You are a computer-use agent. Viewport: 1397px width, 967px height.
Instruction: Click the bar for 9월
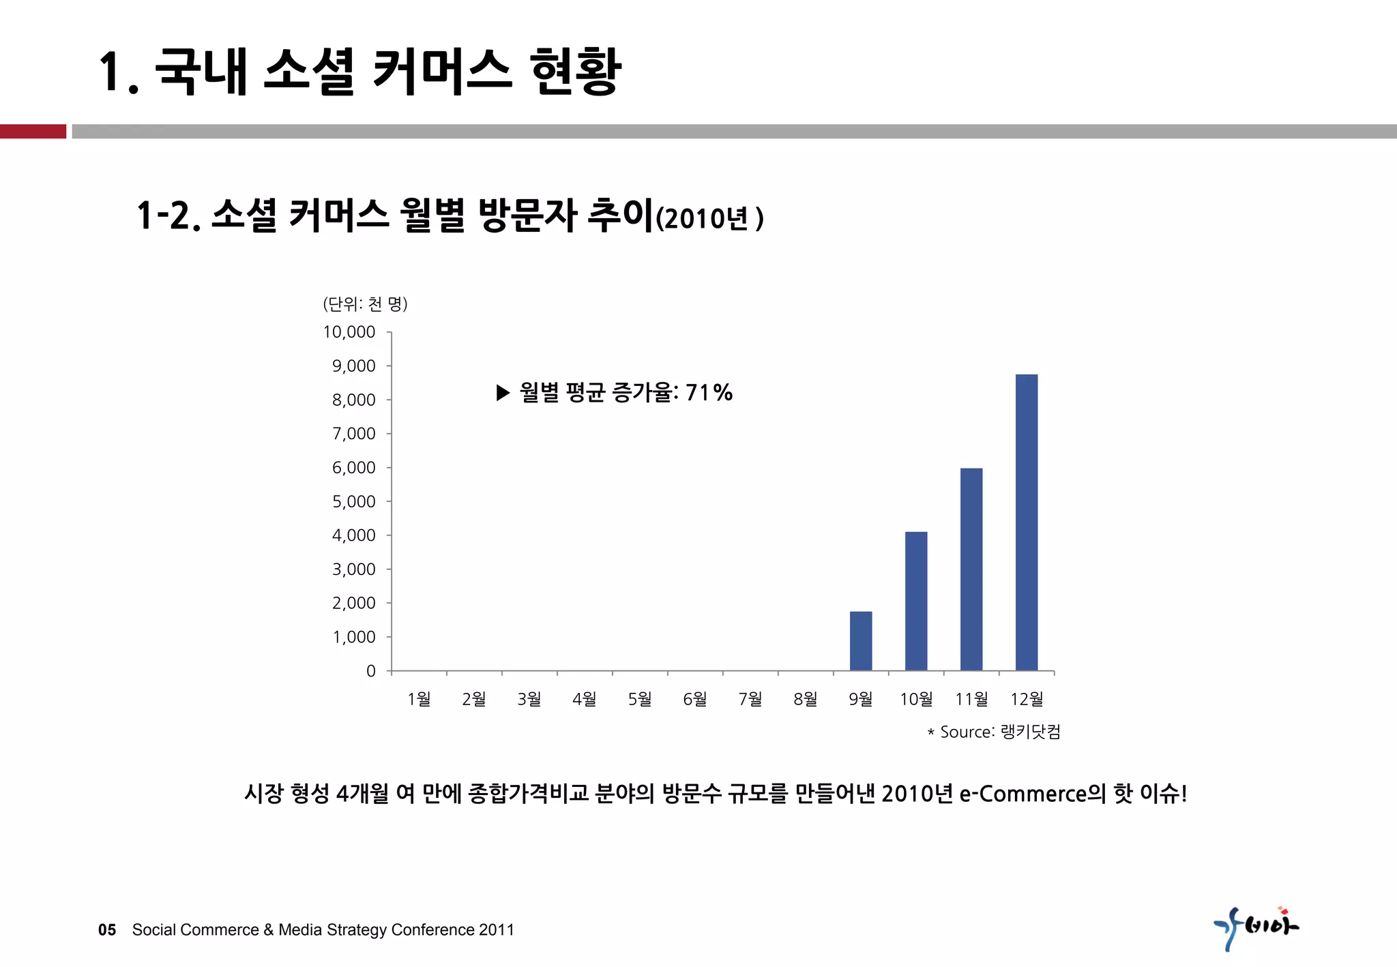click(x=861, y=641)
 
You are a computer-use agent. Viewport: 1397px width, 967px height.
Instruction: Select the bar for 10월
click(x=916, y=601)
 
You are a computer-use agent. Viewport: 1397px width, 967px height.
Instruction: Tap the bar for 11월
click(x=971, y=569)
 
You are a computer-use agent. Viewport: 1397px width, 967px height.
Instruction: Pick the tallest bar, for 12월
click(x=1027, y=522)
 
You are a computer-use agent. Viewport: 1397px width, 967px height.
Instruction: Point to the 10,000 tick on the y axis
click(x=349, y=332)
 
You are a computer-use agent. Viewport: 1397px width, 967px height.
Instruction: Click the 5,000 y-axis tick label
click(x=353, y=502)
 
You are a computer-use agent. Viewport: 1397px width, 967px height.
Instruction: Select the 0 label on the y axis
click(x=371, y=671)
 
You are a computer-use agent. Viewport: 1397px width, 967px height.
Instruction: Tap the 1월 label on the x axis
click(x=419, y=699)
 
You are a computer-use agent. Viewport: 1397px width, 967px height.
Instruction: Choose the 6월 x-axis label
click(x=695, y=699)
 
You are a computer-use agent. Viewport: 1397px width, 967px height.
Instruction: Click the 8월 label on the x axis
click(x=806, y=699)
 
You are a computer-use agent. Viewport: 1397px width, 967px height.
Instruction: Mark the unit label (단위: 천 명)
click(x=366, y=304)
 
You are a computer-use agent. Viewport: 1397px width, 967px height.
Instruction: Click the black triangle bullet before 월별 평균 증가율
click(x=503, y=393)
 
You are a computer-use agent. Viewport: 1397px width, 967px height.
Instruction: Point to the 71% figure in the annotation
click(x=709, y=393)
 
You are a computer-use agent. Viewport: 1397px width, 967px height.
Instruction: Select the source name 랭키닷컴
click(x=1030, y=732)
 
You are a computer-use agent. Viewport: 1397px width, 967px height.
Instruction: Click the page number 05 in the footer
click(x=107, y=930)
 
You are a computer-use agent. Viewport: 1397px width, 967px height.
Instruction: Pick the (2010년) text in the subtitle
click(x=709, y=219)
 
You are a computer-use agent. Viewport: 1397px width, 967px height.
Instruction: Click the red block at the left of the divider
click(x=33, y=132)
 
